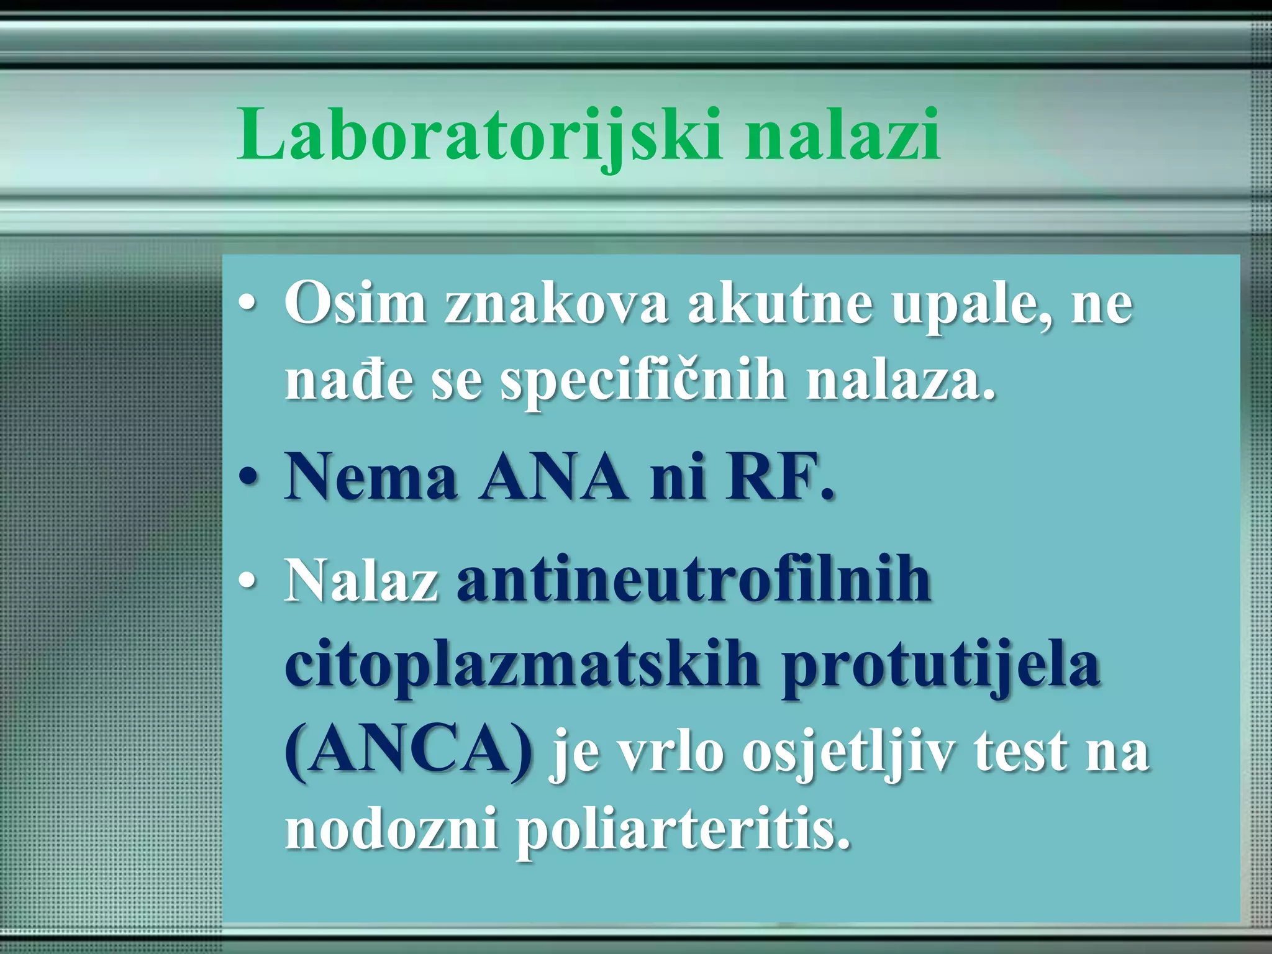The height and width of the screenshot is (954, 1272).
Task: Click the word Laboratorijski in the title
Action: tap(478, 135)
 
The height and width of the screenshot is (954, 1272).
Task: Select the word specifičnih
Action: tap(643, 382)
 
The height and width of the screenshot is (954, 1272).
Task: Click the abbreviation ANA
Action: tap(553, 478)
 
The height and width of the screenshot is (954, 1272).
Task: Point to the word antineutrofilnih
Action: tap(693, 581)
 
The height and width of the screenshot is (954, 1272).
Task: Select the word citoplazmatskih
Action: tap(522, 668)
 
